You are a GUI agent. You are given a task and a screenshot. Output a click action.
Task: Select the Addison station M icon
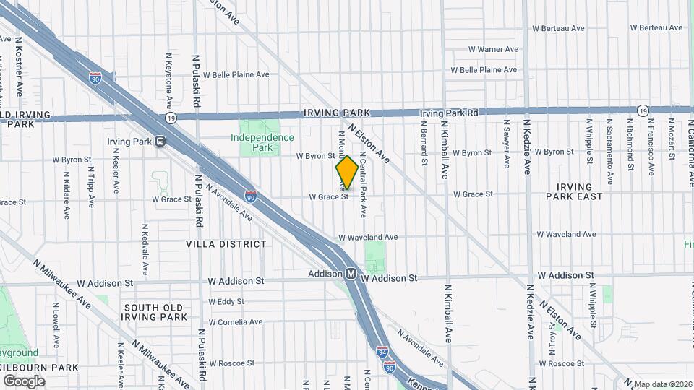pos(350,274)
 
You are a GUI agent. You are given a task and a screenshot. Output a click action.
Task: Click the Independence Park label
pos(262,142)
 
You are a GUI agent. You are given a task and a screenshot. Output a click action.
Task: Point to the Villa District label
pos(226,244)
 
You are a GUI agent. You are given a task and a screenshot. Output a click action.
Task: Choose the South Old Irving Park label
pos(155,312)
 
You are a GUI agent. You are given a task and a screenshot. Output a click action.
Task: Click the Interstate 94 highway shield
pos(382,352)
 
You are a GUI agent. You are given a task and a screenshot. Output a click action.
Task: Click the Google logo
pos(24,381)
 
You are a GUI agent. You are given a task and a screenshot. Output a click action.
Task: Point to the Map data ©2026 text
pos(663,384)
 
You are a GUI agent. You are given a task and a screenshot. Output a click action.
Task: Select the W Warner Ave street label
pos(492,49)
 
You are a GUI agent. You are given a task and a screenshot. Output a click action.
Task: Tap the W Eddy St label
pos(226,301)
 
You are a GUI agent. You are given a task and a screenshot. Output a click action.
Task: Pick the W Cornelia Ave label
pos(235,322)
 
